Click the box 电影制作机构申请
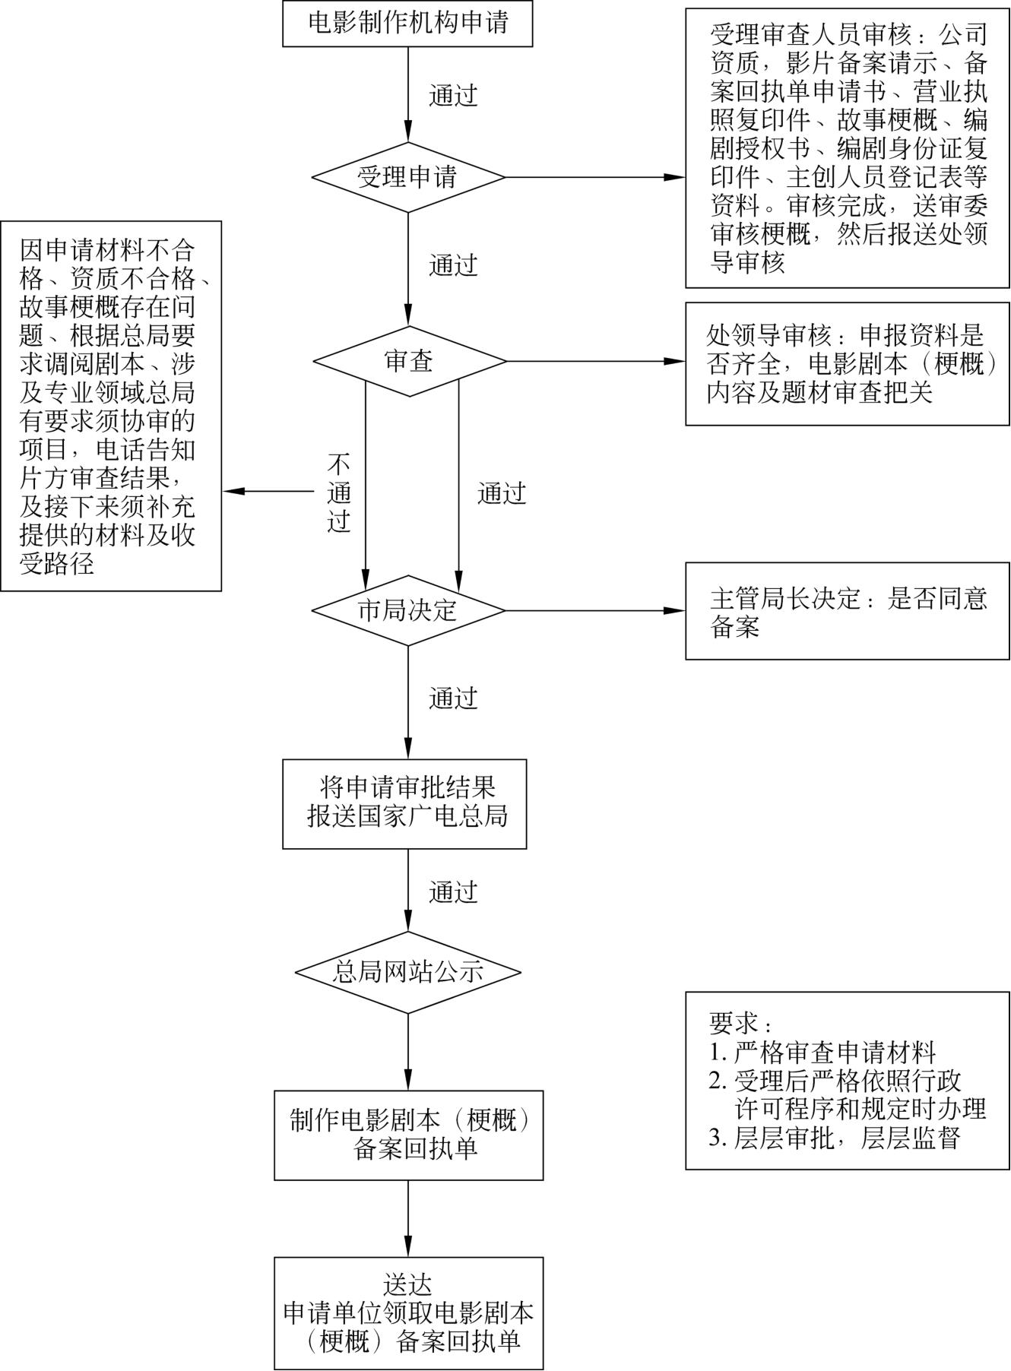point(407,24)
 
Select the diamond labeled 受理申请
point(407,178)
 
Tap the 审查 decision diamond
point(409,361)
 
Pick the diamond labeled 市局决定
point(407,610)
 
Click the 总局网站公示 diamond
point(407,971)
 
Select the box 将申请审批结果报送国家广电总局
point(404,803)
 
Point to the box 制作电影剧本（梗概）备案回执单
point(409,1135)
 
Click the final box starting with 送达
point(409,1312)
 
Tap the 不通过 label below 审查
point(339,493)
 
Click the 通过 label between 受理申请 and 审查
point(453,265)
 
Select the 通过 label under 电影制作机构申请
point(453,96)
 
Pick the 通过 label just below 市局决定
point(453,698)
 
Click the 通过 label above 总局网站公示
point(453,891)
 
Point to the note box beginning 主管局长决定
point(847,611)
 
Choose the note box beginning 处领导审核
point(847,363)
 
